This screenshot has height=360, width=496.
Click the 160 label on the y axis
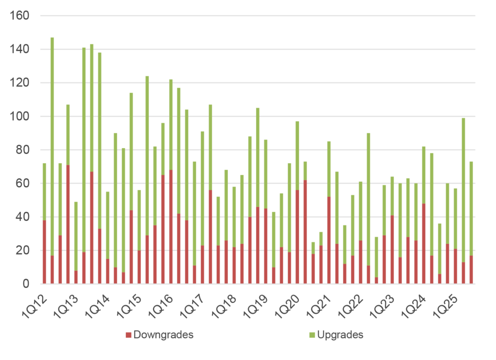pyautogui.click(x=19, y=16)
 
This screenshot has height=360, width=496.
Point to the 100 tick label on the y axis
pyautogui.click(x=19, y=117)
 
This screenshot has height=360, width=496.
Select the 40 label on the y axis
pyautogui.click(x=22, y=217)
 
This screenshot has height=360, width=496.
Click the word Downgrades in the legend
pyautogui.click(x=163, y=335)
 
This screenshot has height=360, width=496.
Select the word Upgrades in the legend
pyautogui.click(x=340, y=335)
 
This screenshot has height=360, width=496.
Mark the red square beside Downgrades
pyautogui.click(x=128, y=335)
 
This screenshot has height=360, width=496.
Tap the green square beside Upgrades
pyautogui.click(x=312, y=335)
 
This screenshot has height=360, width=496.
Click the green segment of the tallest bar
pyautogui.click(x=52, y=145)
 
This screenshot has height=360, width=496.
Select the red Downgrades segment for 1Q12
pyautogui.click(x=44, y=252)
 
